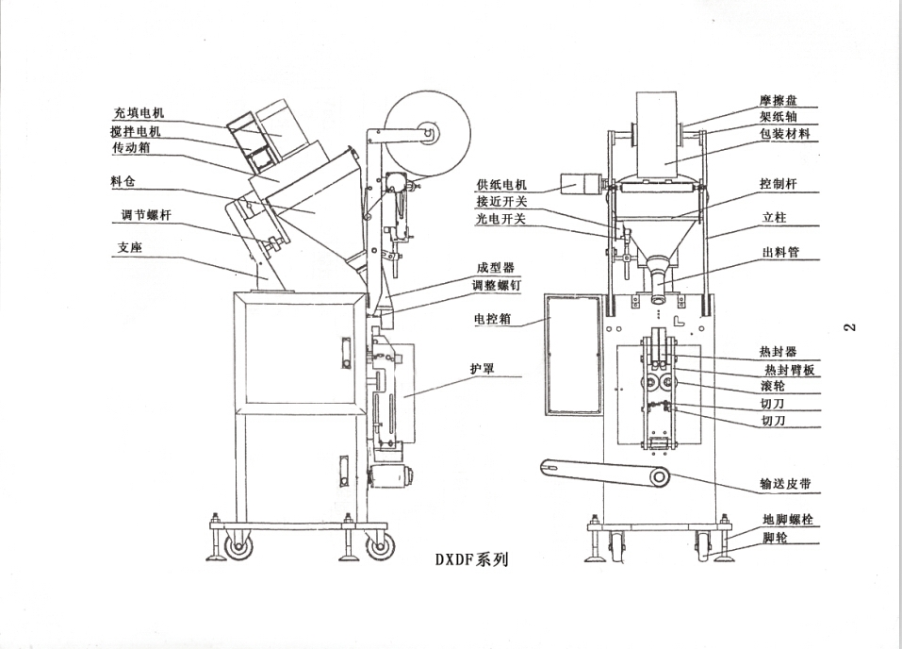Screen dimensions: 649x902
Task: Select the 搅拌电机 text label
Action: click(x=136, y=131)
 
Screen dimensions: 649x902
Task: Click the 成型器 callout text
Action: click(x=496, y=267)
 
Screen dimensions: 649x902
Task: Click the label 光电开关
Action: click(x=501, y=219)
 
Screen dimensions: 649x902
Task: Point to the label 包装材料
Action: click(x=784, y=134)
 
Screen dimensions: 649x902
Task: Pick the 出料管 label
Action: click(x=780, y=253)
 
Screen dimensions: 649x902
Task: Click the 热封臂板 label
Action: click(x=790, y=370)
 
